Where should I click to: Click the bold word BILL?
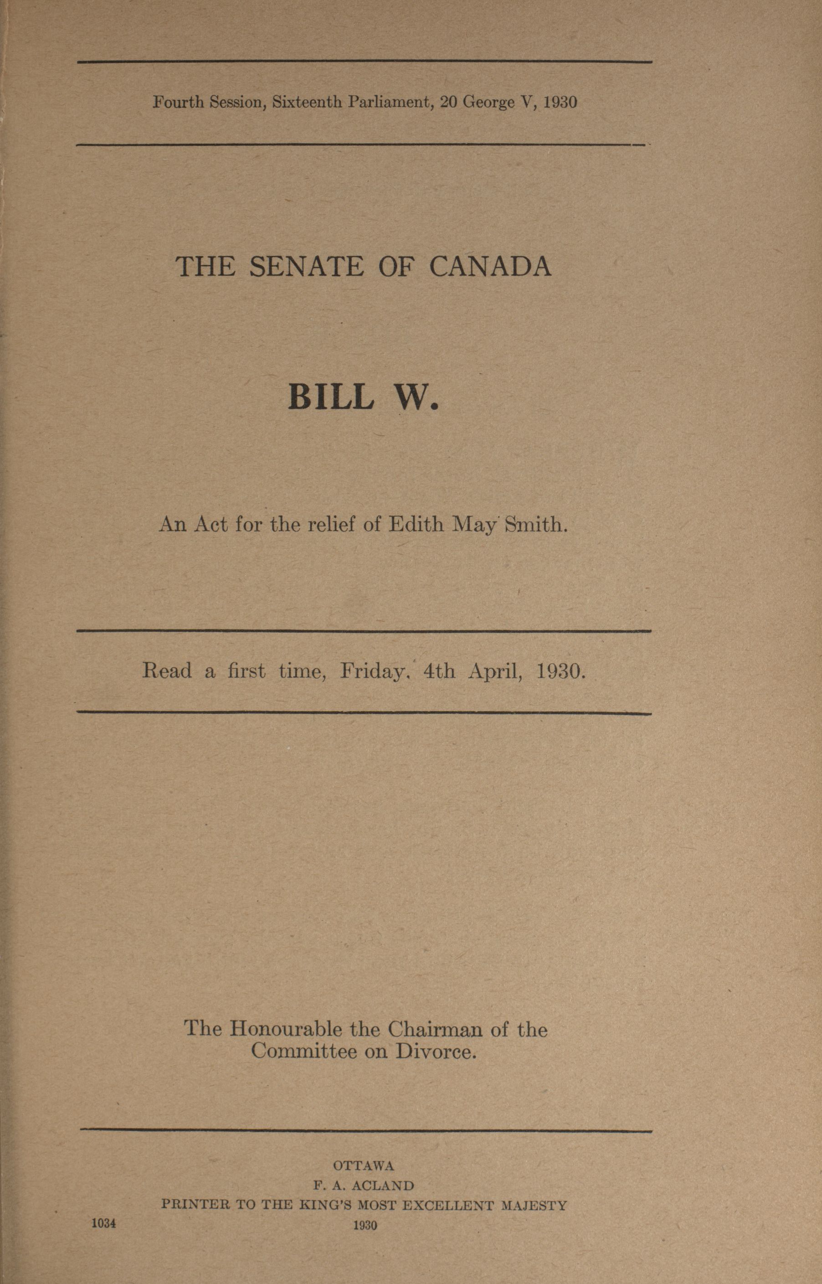(331, 397)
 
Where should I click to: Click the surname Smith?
(535, 525)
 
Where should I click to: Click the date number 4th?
(439, 670)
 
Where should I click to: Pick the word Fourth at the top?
(178, 102)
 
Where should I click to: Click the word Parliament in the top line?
(391, 102)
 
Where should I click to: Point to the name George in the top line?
(487, 102)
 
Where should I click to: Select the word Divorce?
(435, 1052)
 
